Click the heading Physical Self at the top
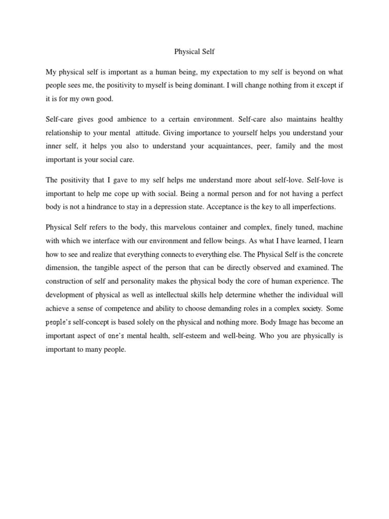[194, 52]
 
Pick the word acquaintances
[239, 146]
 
